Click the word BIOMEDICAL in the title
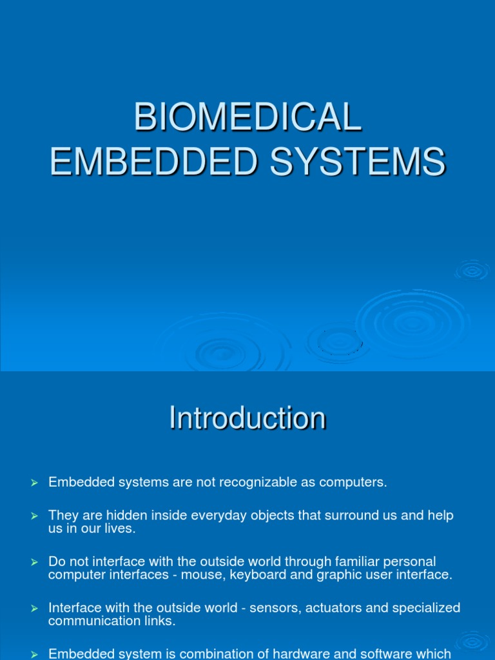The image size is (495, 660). coord(247,118)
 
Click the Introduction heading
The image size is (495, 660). coord(247,418)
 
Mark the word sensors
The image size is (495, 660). coord(246,608)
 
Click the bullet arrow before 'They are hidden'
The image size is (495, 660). coord(35,516)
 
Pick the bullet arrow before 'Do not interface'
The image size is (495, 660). coord(35,563)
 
